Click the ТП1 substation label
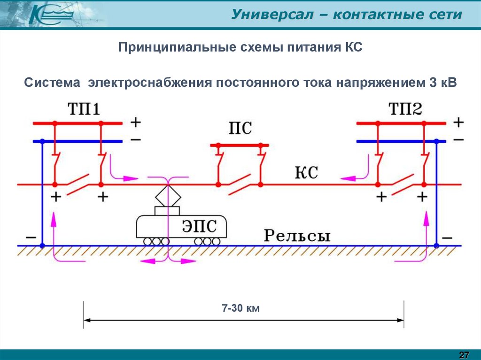point(84,109)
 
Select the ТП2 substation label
point(405,109)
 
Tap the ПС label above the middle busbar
point(240,128)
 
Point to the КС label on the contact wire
point(306,172)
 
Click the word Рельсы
point(297,236)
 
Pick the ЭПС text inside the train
point(199,226)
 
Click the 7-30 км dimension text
point(241,307)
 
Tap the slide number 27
point(464,355)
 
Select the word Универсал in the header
point(272,15)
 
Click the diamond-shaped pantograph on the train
point(168,196)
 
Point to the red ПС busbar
point(240,145)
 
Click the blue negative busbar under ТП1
point(78,141)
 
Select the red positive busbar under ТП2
point(401,123)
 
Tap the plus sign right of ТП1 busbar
point(136,123)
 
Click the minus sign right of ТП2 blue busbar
point(458,140)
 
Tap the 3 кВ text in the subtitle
point(443,83)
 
